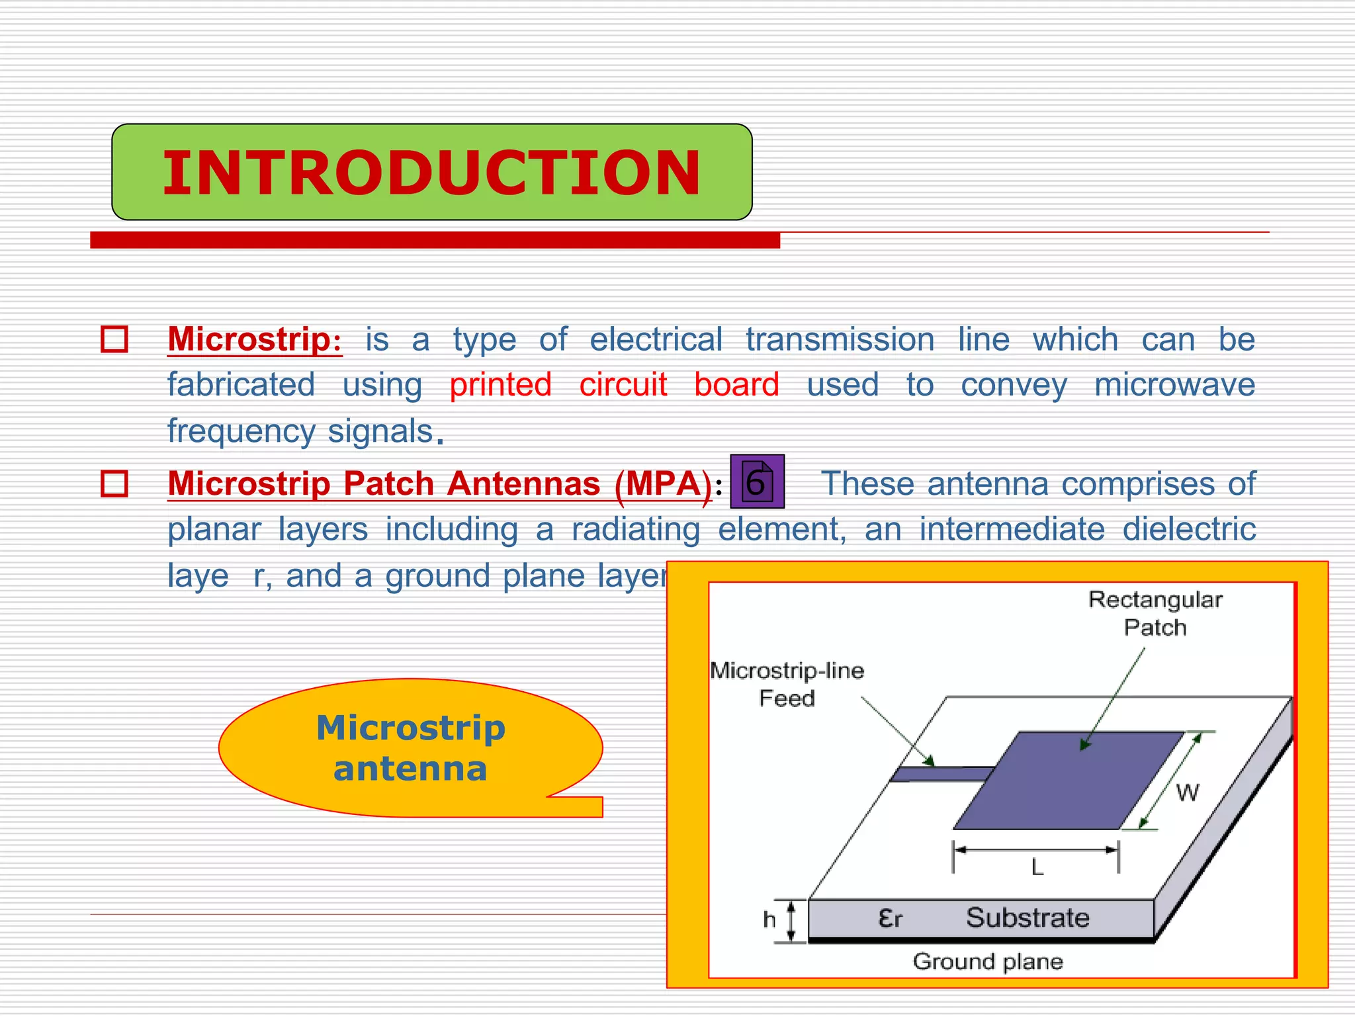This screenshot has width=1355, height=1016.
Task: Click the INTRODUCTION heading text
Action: click(431, 173)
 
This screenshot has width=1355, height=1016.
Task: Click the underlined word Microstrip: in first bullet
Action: click(255, 340)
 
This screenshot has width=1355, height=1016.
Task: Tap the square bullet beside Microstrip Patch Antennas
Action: click(114, 484)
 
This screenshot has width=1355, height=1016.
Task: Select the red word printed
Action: click(500, 385)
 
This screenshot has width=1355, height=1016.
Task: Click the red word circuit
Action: click(623, 385)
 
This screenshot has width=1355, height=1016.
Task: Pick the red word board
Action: click(736, 385)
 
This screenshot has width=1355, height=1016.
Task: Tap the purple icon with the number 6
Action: click(757, 482)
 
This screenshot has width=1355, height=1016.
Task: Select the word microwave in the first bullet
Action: click(1174, 385)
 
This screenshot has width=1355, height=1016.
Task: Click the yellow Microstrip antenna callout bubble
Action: click(410, 748)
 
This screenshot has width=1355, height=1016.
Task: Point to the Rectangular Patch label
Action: click(1155, 613)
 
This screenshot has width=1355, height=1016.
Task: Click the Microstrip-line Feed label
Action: click(787, 684)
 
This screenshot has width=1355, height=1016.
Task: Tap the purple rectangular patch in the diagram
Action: click(1069, 781)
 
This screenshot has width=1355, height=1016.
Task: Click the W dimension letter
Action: click(1188, 792)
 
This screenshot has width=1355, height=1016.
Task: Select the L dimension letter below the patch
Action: click(1037, 867)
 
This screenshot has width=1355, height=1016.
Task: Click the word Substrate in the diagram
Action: click(1027, 918)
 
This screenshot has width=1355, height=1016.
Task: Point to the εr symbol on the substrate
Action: click(890, 918)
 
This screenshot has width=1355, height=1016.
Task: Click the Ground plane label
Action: click(987, 961)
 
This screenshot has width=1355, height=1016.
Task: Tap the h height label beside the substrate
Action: click(769, 919)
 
